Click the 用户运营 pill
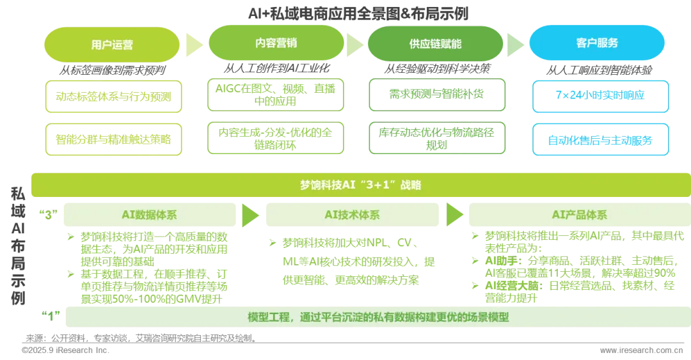[112, 45]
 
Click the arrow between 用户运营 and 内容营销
[193, 44]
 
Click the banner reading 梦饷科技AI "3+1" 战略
[360, 185]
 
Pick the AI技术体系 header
[353, 215]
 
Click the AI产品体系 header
[578, 215]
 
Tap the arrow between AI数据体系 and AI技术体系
[250, 215]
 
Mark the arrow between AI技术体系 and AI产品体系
[454, 214]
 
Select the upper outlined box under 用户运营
[113, 97]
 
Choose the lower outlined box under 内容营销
[275, 138]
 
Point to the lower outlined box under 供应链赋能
[436, 138]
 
